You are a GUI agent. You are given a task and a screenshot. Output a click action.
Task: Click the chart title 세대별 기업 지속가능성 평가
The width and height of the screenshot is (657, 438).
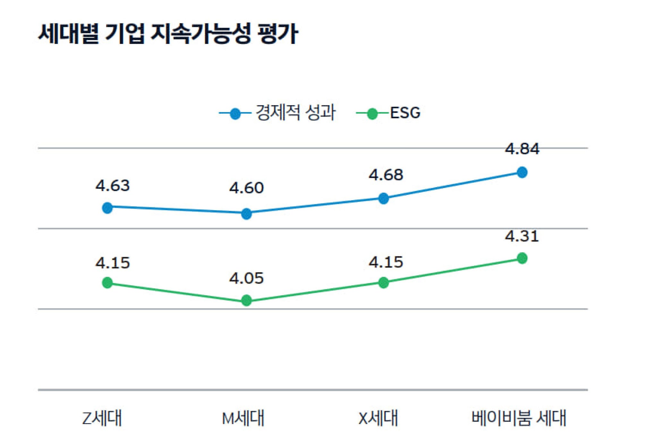pos(168,33)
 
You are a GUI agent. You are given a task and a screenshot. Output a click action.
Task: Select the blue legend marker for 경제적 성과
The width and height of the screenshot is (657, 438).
pos(235,114)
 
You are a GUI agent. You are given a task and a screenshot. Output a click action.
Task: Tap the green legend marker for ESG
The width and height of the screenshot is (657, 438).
pos(372,114)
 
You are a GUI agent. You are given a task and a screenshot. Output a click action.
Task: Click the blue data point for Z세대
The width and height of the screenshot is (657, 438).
pos(107,208)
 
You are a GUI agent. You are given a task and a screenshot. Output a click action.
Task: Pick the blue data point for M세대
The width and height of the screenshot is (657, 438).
pos(246,213)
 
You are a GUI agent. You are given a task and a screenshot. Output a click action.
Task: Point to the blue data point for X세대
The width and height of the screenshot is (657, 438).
pos(383,198)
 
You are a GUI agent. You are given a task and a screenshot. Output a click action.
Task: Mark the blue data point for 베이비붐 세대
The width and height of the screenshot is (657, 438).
pos(522,172)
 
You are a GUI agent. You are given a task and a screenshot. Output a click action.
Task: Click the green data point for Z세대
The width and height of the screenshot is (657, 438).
pos(107,283)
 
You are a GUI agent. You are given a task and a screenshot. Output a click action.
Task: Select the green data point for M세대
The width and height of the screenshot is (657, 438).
pos(246,300)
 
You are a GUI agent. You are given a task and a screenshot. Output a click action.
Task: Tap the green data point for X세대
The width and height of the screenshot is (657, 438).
pos(383,282)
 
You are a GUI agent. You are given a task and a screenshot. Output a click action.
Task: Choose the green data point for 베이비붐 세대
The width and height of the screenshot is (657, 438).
pos(522,258)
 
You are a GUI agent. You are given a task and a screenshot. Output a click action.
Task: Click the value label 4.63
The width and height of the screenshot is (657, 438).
pos(113,186)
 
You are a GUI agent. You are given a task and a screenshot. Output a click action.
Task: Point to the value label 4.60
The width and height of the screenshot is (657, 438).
pos(246,188)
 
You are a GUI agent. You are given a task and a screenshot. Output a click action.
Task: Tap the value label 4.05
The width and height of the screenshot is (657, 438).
pos(246,278)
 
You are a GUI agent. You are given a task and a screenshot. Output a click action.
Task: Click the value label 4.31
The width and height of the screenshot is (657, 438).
pos(522,236)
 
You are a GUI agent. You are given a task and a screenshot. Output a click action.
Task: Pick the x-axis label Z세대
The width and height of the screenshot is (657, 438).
pos(102,418)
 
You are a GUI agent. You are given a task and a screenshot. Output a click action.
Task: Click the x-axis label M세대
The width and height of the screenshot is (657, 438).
pos(243,418)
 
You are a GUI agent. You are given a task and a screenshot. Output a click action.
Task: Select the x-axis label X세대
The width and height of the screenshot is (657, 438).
pos(378,418)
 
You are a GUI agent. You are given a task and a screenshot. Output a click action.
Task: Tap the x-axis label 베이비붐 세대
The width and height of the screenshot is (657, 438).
pos(519,418)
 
